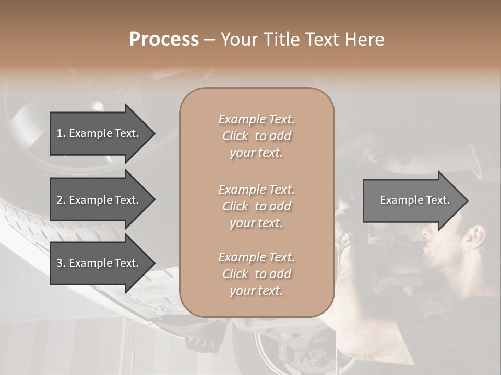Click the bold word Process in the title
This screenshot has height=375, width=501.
coord(164,40)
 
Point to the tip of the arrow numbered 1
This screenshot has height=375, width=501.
coord(154,133)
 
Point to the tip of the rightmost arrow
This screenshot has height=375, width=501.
coord(468,201)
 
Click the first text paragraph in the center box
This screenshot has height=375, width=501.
coord(256,136)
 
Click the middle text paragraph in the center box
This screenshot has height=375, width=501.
coord(256,206)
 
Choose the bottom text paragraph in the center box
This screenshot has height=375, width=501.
coord(256,274)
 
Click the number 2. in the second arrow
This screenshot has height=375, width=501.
coord(61,200)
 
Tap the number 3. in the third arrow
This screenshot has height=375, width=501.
coord(61,263)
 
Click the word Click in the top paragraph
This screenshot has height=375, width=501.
coord(235,136)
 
